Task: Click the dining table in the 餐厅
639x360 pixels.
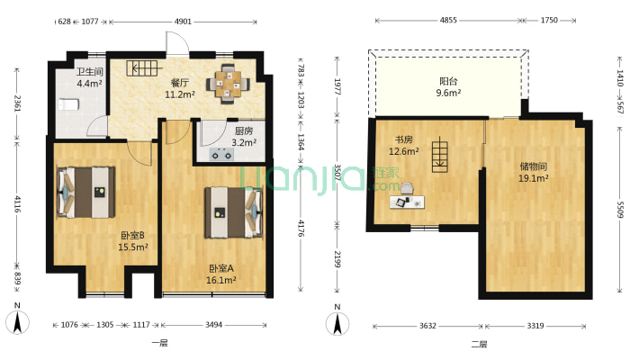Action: click(229, 85)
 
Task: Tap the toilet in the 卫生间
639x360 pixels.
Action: click(68, 104)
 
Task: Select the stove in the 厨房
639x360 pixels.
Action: click(221, 155)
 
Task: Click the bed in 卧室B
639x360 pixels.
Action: click(86, 192)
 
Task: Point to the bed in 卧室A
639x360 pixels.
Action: click(233, 212)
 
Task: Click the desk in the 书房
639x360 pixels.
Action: click(407, 202)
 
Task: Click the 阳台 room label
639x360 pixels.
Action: click(448, 81)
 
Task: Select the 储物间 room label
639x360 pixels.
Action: click(533, 166)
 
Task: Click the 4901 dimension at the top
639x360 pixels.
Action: click(183, 22)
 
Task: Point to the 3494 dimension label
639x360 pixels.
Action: click(213, 325)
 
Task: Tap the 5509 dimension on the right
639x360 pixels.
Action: click(620, 210)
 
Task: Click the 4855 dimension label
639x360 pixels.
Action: click(448, 20)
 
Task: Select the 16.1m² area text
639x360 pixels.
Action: click(221, 280)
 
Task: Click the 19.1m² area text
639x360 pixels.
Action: click(533, 178)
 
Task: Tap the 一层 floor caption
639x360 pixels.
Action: click(160, 343)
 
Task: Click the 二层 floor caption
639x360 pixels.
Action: click(479, 344)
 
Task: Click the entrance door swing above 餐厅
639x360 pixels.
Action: click(177, 43)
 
